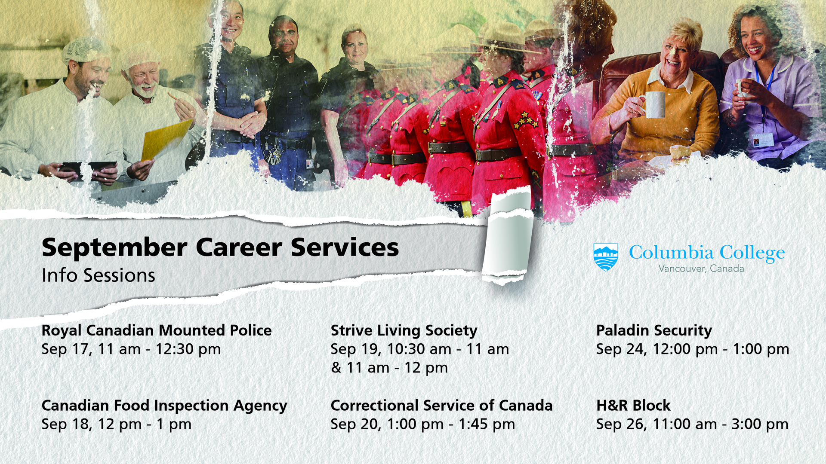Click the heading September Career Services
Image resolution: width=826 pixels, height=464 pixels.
coord(220,248)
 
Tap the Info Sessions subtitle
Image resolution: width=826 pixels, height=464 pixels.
coord(99,275)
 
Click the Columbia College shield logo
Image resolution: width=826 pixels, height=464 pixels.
coord(606,257)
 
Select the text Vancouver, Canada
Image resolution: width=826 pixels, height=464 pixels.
coord(701,269)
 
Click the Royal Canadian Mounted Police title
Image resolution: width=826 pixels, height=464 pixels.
coord(157,330)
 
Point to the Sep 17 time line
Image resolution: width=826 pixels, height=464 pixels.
coord(131,349)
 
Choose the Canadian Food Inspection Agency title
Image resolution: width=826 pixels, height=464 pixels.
coord(164,406)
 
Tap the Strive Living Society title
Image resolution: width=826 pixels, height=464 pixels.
coord(404,331)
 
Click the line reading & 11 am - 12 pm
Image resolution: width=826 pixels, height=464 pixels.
coord(389,368)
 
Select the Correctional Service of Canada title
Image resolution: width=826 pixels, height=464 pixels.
coord(441,406)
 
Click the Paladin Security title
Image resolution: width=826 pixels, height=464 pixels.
coord(654,331)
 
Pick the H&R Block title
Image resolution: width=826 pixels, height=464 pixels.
coord(633,406)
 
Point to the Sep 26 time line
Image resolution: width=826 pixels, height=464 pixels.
coord(692,424)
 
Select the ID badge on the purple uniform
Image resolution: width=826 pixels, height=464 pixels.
coord(763,140)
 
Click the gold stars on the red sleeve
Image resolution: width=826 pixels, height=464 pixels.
coord(525,120)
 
